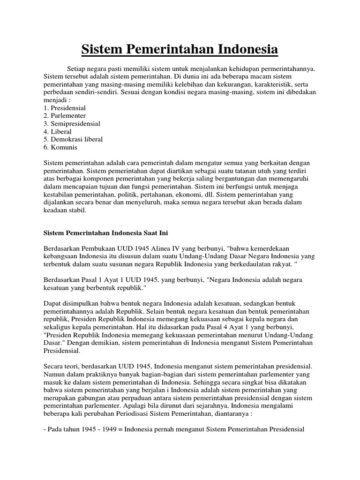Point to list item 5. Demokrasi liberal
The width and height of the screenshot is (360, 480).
point(73,139)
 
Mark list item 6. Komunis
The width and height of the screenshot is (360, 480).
point(60,147)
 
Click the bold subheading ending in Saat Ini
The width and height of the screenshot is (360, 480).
point(109,232)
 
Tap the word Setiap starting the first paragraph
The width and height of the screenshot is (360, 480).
point(77,69)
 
